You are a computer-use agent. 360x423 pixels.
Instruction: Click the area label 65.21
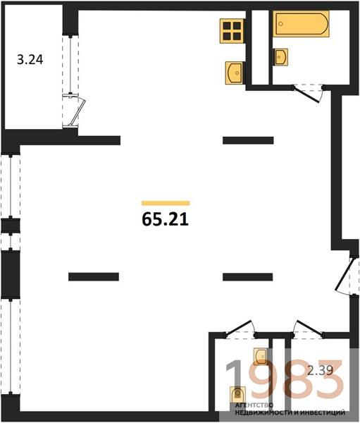click(165, 219)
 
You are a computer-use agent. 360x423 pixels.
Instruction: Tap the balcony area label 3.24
click(30, 60)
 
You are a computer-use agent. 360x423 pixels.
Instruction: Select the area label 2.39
click(321, 370)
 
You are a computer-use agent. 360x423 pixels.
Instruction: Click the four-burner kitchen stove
click(232, 31)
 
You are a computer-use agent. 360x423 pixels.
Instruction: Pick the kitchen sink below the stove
click(235, 73)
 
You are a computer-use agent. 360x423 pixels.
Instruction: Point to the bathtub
click(302, 23)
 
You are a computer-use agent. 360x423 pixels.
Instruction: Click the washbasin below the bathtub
click(280, 56)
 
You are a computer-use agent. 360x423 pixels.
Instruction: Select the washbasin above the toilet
click(261, 357)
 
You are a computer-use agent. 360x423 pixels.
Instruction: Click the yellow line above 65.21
click(166, 203)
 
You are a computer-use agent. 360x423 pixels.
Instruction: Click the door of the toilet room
click(240, 329)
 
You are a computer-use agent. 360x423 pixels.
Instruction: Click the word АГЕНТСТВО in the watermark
click(254, 405)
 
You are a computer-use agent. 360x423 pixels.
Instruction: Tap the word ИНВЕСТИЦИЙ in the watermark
click(323, 412)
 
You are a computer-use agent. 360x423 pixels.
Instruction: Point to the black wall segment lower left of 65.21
click(94, 277)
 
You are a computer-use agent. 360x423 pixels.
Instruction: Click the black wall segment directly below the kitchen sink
click(248, 140)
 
